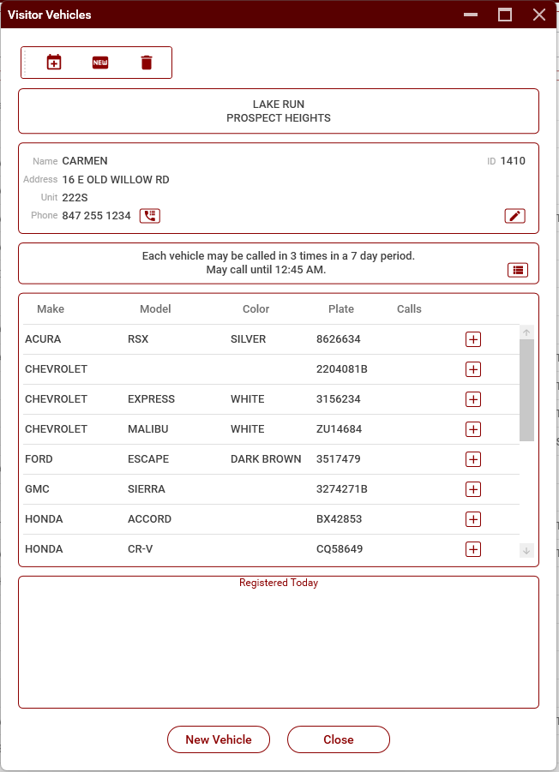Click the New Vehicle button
point(219,739)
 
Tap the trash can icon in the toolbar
point(147,63)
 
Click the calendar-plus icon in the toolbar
point(54,63)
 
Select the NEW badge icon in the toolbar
point(100,63)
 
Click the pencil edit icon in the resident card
point(514,216)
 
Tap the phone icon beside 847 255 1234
point(150,216)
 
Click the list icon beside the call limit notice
point(517,270)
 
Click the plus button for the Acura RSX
point(472,339)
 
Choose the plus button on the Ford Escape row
point(472,459)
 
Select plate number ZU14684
point(339,429)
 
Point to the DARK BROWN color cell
point(266,459)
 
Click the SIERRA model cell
point(147,489)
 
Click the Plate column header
point(341,309)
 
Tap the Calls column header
point(409,309)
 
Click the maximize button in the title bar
point(505,15)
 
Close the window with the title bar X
point(538,15)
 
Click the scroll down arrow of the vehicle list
point(526,551)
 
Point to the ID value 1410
point(513,161)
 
